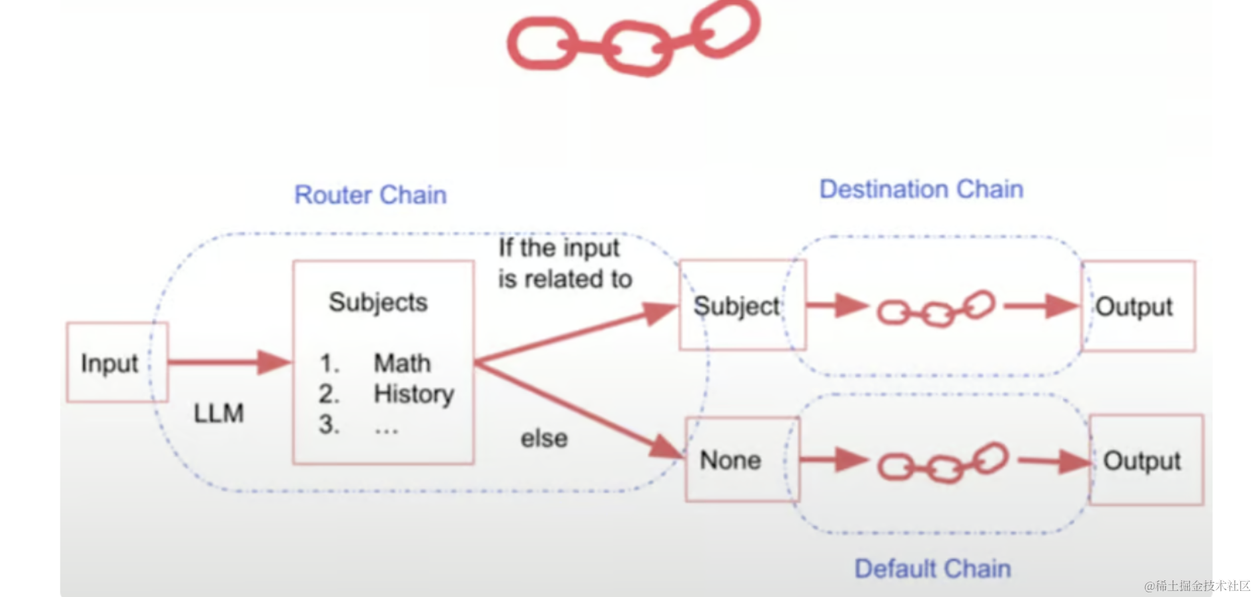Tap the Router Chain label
point(371,195)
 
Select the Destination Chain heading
point(921,189)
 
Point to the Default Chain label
point(932,569)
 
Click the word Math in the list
point(402,364)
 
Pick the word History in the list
point(413,394)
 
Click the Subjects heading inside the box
point(378,302)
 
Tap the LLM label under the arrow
point(219,414)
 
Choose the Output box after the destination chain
point(1138,306)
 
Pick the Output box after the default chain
point(1145,460)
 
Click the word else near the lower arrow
point(544,438)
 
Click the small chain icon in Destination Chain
point(936,309)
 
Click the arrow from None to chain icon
point(833,459)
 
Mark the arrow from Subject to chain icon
point(836,306)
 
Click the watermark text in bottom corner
point(1198,586)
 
